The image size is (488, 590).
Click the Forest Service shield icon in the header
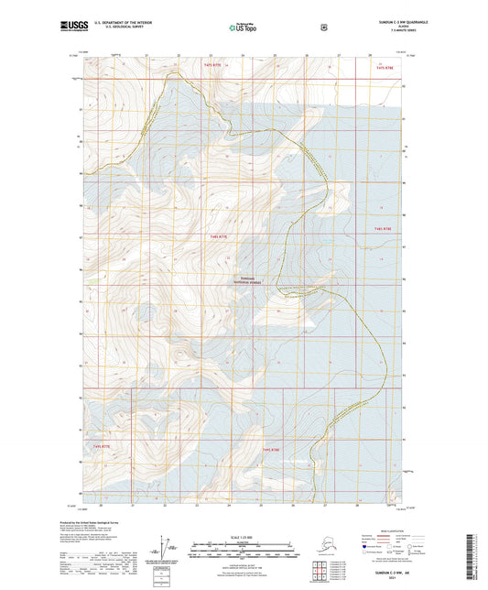(x=323, y=27)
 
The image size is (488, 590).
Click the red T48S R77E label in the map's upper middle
(x=217, y=236)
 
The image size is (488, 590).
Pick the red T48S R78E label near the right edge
(x=382, y=228)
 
